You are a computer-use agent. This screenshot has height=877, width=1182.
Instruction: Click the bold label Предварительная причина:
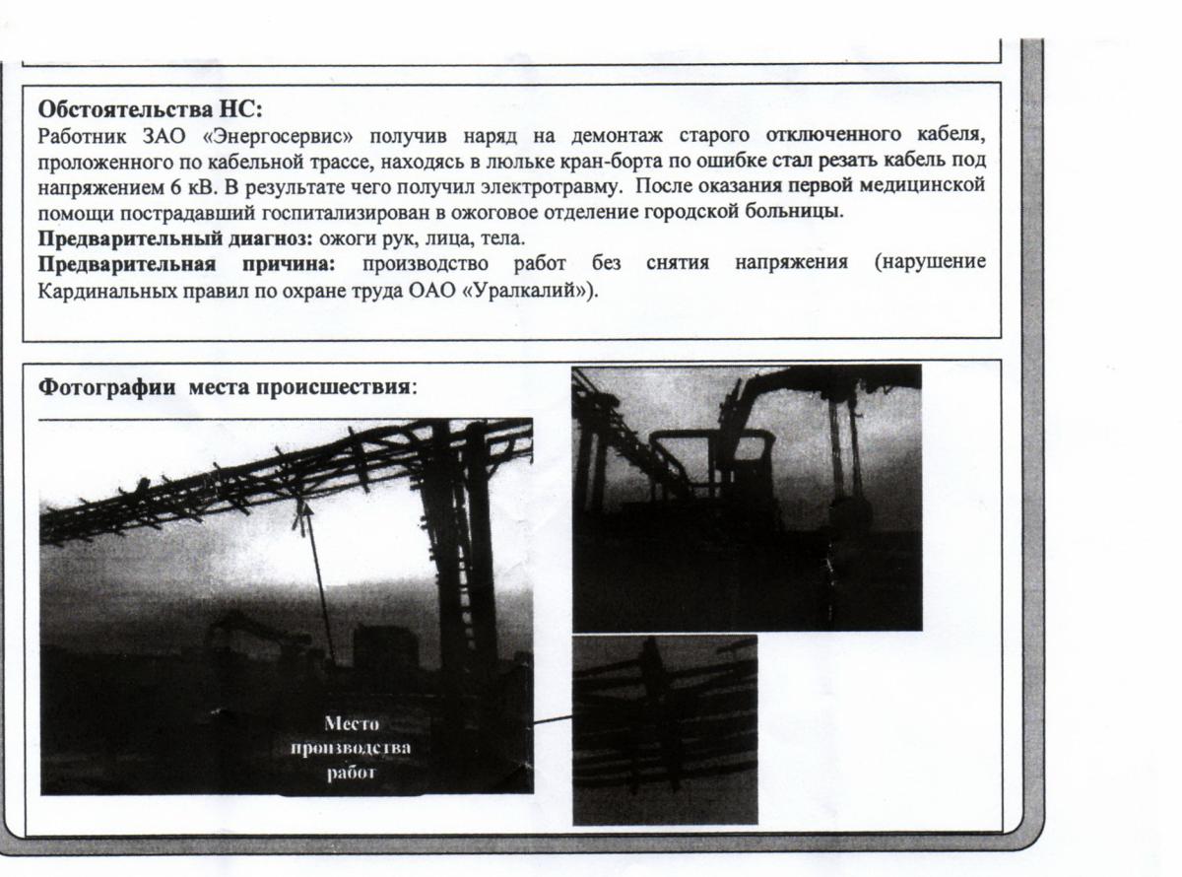click(x=187, y=263)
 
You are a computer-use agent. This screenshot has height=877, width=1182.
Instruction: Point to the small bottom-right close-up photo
click(x=665, y=729)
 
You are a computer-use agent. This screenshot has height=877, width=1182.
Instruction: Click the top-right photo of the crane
click(x=747, y=498)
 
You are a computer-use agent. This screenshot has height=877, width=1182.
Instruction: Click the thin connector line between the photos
click(x=554, y=720)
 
